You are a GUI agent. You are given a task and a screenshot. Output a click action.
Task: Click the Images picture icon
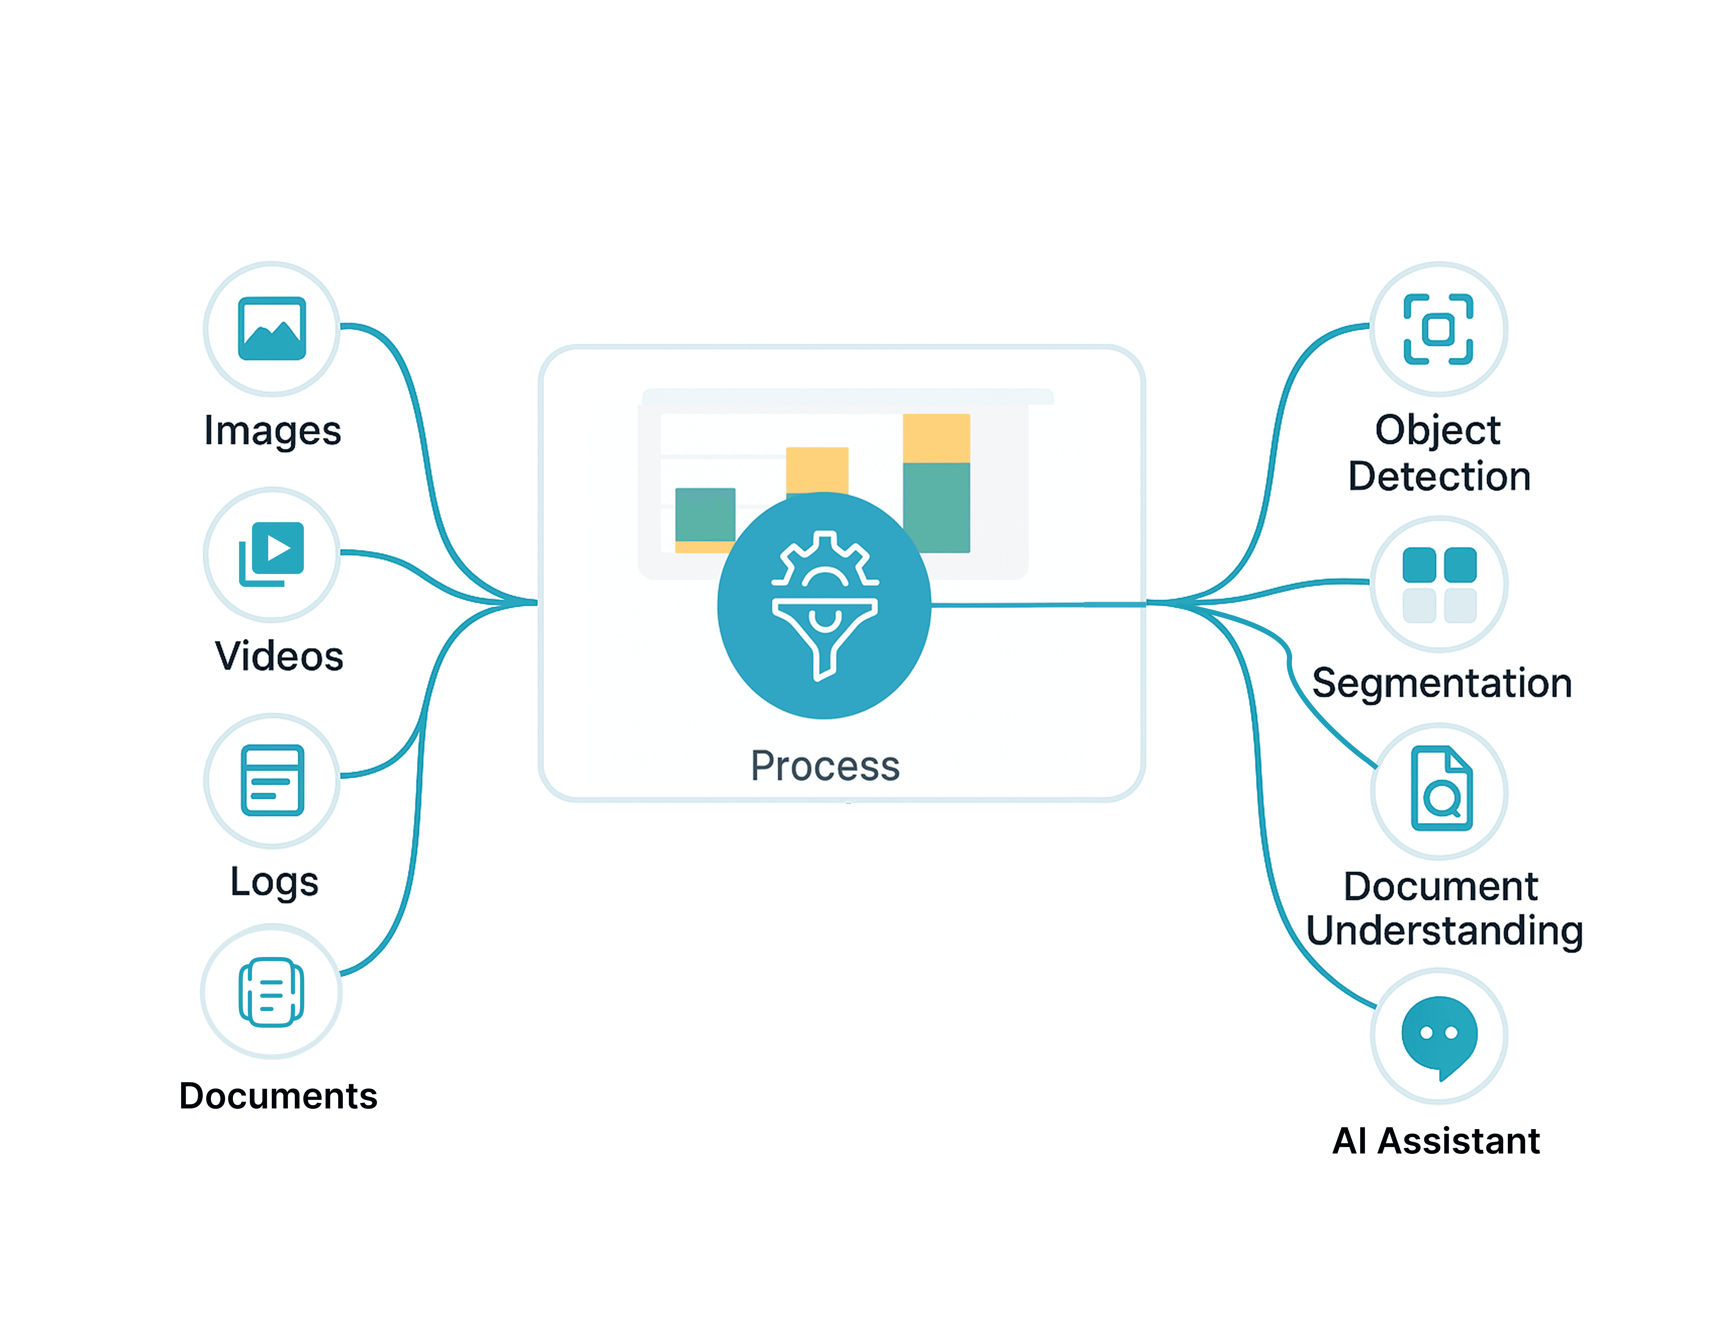pos(271,328)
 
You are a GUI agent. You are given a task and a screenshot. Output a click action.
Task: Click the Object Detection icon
pos(1438,328)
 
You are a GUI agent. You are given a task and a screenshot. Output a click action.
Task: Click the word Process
pos(824,766)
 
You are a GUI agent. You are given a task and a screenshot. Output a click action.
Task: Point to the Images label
pos(272,431)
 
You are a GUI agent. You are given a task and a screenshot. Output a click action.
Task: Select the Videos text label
pos(278,656)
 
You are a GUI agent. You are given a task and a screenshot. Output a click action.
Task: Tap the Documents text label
pos(278,1096)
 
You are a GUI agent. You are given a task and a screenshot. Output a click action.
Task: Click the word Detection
pos(1438,476)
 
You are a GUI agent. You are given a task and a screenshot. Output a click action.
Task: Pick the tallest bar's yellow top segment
pos(936,438)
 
